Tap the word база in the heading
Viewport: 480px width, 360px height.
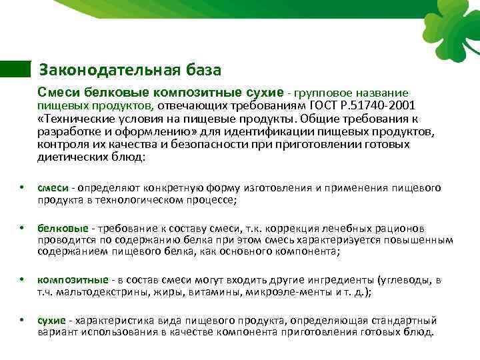click(x=201, y=69)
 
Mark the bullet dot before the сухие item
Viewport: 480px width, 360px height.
click(x=21, y=321)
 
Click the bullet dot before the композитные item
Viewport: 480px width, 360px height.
click(x=21, y=279)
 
